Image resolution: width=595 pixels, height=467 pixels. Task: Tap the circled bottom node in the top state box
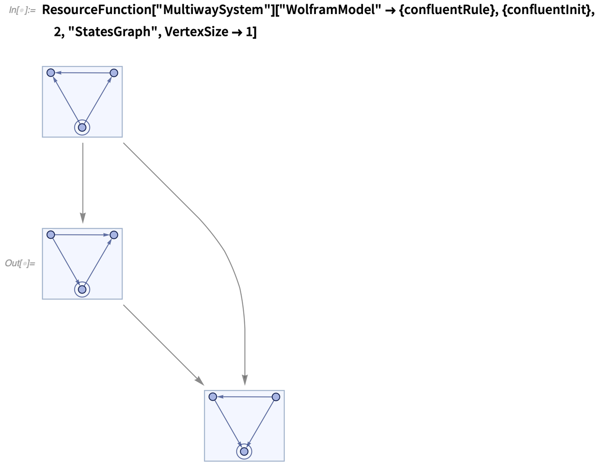pos(82,127)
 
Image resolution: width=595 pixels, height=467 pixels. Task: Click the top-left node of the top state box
pos(50,73)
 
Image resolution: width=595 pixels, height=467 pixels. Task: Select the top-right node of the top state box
pos(114,73)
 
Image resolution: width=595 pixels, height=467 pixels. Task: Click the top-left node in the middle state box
pos(50,234)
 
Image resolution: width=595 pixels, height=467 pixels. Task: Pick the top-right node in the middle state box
pos(114,235)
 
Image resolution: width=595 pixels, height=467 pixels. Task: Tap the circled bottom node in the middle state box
pos(82,289)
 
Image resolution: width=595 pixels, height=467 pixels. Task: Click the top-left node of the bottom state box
pos(212,396)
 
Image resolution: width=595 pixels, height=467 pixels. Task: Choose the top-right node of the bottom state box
pos(276,397)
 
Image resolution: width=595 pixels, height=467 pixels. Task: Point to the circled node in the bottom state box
pos(244,451)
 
